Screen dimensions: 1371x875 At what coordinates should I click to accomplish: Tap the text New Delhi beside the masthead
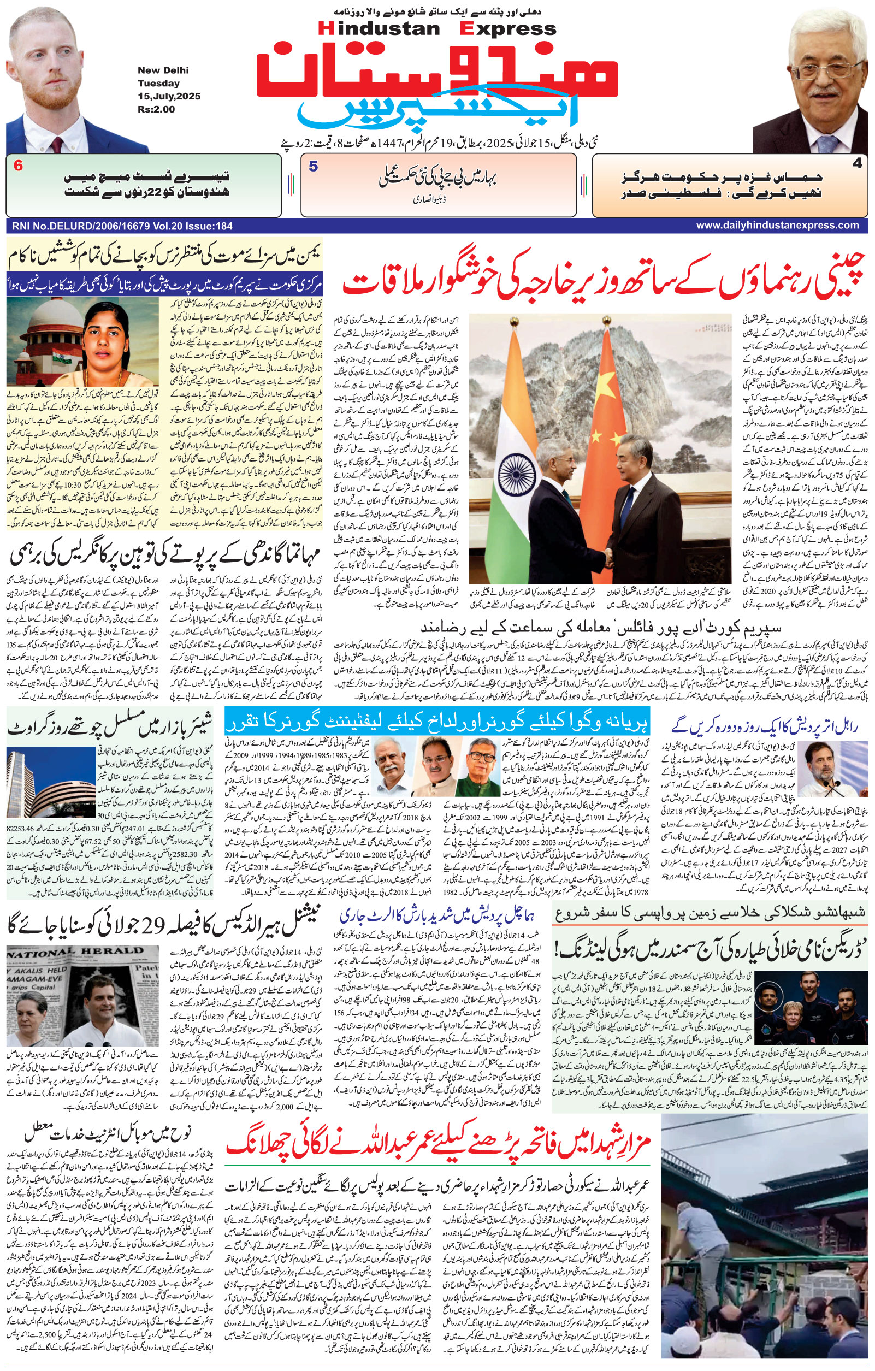coord(162,70)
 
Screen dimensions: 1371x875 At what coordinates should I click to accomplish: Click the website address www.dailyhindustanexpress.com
coord(777,226)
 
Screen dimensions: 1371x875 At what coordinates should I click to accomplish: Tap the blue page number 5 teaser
coord(313,166)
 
